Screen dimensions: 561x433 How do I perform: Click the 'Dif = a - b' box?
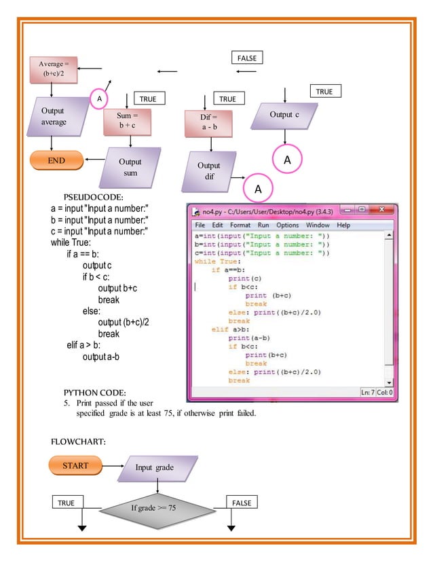210,122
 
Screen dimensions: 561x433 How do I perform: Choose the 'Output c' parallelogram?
284,115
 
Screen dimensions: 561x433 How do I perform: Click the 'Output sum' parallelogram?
129,168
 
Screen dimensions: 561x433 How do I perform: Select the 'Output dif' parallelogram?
209,171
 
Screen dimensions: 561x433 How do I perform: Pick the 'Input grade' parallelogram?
157,468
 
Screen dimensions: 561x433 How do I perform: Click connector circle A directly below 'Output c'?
286,160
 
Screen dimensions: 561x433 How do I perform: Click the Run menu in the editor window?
263,225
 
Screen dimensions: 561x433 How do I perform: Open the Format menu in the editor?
240,225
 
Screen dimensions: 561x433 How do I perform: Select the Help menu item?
343,225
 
